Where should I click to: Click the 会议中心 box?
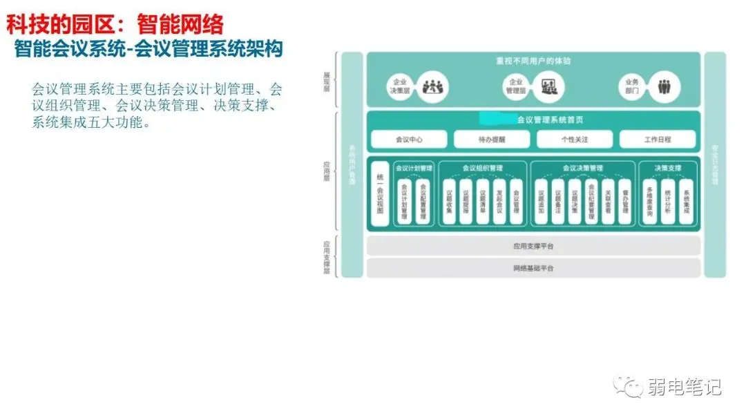409,140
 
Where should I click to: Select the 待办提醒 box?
492,140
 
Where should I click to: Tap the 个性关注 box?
575,140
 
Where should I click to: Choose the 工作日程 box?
657,140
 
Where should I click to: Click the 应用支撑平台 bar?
533,246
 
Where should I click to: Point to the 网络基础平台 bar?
533,268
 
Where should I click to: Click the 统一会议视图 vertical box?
380,194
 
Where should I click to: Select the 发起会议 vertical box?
499,201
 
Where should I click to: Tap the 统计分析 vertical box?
667,201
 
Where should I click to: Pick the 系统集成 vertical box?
685,201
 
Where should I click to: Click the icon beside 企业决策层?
435,86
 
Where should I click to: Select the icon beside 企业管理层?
551,86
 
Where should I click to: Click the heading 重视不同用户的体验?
533,61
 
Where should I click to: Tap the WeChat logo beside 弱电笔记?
630,387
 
